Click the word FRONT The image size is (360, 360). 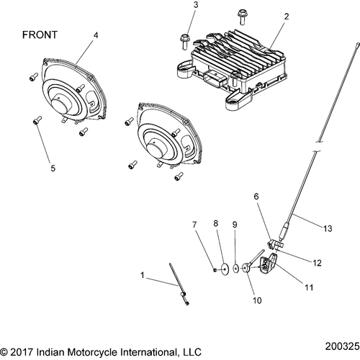(40, 35)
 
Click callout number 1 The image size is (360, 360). (142, 276)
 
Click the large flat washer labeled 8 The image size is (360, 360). (226, 269)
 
